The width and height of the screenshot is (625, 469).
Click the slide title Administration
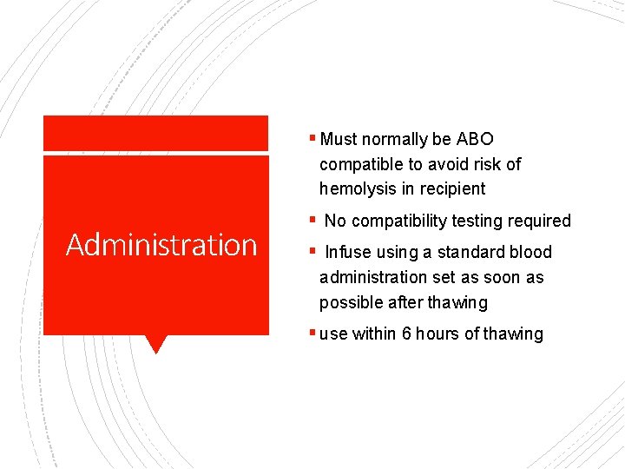161,245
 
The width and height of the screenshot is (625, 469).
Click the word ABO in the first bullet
475,139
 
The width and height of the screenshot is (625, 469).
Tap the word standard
474,253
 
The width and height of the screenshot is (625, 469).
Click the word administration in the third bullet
377,278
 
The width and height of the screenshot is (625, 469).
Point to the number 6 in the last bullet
406,334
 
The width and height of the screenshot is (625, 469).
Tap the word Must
339,139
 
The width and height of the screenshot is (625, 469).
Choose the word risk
488,164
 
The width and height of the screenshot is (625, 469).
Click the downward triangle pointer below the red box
155,344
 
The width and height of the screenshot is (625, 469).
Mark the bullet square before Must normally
312,139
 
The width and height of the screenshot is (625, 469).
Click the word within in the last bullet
374,334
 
